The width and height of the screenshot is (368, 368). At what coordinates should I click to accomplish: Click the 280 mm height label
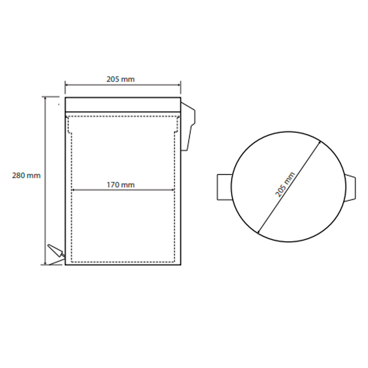[26, 176]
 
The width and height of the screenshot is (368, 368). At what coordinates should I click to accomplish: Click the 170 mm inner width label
[121, 185]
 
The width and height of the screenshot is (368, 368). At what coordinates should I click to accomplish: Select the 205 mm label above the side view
[121, 79]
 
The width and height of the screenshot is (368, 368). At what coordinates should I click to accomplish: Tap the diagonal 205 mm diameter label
[285, 185]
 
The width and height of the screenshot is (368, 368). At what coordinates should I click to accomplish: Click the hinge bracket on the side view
[188, 126]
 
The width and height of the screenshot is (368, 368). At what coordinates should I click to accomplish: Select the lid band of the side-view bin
[123, 105]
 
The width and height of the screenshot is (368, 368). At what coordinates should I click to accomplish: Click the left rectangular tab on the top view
[224, 187]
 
